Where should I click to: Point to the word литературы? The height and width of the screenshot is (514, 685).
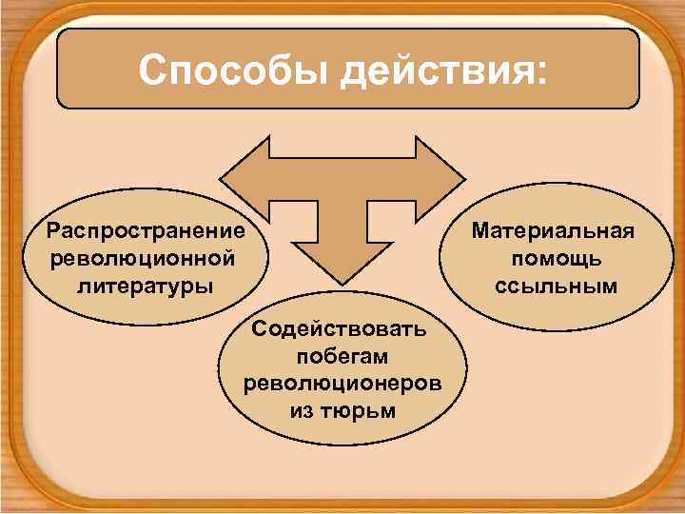tap(146, 285)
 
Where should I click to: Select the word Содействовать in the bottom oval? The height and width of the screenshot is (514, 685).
tap(340, 331)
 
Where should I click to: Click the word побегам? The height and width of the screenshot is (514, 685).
tap(343, 358)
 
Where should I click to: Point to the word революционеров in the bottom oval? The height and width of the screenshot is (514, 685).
tap(342, 385)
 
